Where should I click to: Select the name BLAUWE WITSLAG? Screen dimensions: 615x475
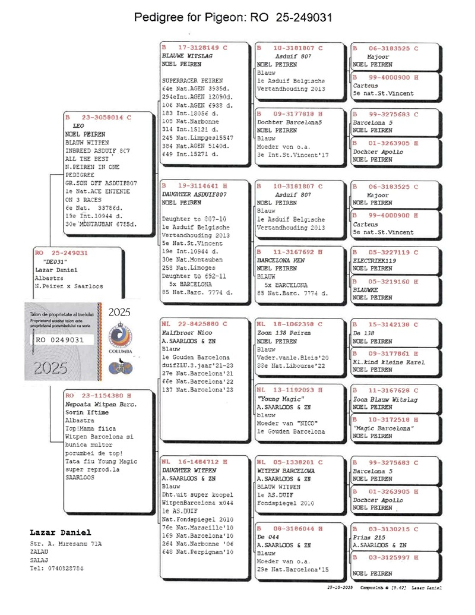[x=188, y=55]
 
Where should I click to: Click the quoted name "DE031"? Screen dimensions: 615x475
[x=54, y=261]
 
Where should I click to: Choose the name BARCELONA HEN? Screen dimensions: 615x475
[x=281, y=260]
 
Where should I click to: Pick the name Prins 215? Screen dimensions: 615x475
[x=366, y=537]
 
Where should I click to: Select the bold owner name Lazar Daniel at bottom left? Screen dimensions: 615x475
[x=60, y=532]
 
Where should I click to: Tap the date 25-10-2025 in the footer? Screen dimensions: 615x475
[x=340, y=587]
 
